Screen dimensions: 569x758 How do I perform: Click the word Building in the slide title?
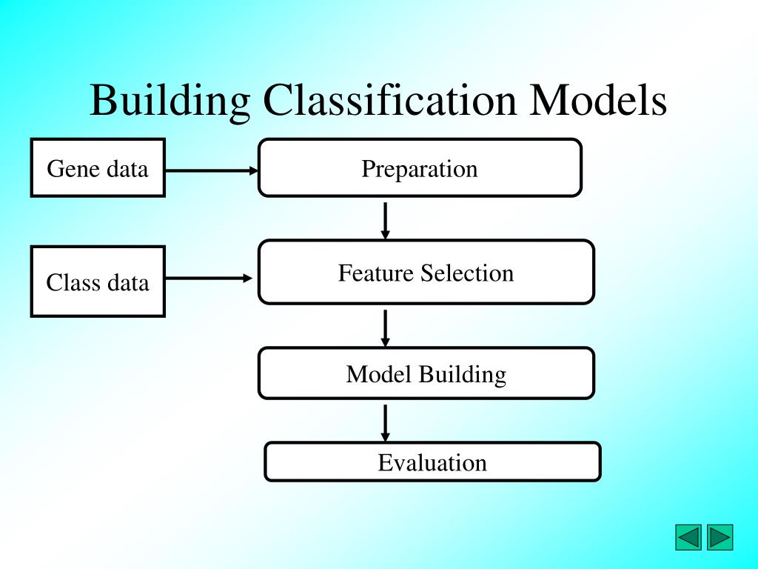170,101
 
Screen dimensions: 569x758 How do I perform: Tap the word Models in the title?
597,101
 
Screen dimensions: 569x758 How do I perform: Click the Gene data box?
98,167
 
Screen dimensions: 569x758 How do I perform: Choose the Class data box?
98,282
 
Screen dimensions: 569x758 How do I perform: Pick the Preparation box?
420,167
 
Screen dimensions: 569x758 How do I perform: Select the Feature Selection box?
426,272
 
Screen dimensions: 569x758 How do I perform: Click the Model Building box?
426,373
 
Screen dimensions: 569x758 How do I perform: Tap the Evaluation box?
432,462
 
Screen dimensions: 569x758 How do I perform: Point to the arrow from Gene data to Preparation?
211,170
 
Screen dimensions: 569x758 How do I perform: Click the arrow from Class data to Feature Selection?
209,279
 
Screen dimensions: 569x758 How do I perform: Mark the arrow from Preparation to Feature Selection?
385,219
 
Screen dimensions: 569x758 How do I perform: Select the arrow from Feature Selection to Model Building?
385,327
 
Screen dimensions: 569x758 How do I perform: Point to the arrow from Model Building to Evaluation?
385,422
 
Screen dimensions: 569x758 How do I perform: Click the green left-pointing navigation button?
688,537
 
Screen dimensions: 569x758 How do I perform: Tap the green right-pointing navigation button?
720,537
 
